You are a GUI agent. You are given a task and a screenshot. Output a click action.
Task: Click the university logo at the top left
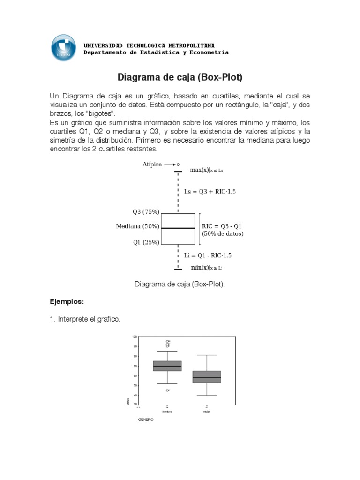[x=64, y=47]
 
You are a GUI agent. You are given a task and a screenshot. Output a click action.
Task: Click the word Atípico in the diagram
[x=152, y=165]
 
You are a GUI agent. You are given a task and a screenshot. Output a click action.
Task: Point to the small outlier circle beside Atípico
[x=178, y=165]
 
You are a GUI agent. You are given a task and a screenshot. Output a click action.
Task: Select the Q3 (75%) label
[x=146, y=212]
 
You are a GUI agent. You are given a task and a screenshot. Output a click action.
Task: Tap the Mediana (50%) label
[x=138, y=226]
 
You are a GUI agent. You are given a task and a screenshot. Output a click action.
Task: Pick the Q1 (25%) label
[x=146, y=242]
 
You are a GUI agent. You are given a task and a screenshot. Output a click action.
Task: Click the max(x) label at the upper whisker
[x=206, y=170]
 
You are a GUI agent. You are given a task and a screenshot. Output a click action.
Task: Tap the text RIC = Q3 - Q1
[x=222, y=225]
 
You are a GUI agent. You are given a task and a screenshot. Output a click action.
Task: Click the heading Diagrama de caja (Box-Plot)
[x=180, y=77]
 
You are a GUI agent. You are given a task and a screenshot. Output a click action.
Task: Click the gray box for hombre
[x=167, y=366]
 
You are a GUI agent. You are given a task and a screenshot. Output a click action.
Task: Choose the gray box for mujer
[x=207, y=376]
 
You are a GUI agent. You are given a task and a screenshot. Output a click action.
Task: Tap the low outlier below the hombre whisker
[x=167, y=390]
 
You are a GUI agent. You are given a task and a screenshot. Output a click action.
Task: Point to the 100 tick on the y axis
[x=135, y=337]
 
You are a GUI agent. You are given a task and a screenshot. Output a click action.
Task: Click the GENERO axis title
[x=145, y=420]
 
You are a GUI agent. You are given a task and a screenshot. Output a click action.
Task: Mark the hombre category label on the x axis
[x=167, y=412]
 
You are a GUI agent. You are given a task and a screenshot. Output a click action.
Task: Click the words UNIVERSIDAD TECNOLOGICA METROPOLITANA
[x=149, y=45]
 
